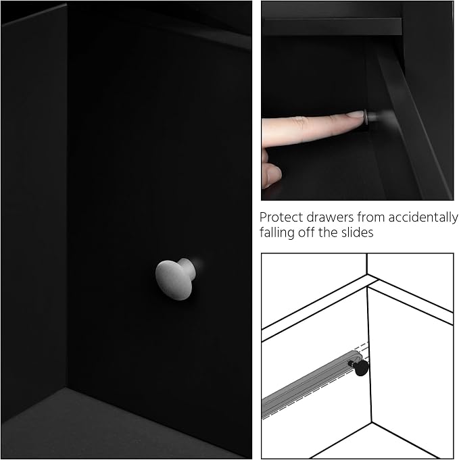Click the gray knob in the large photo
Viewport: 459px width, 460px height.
(x=175, y=279)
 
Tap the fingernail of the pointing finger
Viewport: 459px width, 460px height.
(x=356, y=114)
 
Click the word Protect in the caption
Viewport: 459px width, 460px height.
(x=281, y=218)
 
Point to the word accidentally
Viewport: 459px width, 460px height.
(x=423, y=218)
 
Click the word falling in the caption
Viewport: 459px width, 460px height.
(x=277, y=232)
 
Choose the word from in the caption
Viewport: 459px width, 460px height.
(x=371, y=218)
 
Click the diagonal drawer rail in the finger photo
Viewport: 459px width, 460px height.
(x=414, y=123)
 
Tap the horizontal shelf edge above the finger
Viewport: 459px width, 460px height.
(x=333, y=27)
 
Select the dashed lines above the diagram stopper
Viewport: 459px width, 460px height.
(x=364, y=348)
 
